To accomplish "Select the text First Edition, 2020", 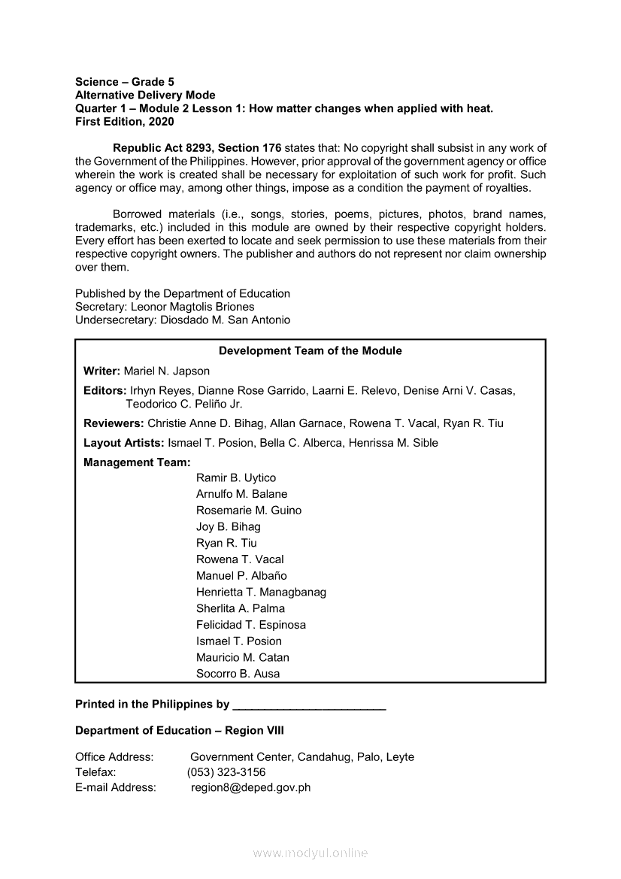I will point(125,122).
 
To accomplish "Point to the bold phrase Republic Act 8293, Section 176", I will point(197,147).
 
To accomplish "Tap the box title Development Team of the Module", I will point(310,351).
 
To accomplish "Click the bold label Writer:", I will point(101,371).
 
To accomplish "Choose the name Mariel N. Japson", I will point(167,371).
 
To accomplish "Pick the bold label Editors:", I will point(105,390).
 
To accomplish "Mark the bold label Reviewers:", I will point(114,423).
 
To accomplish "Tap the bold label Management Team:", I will point(137,462).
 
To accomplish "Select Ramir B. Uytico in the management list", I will point(236,478).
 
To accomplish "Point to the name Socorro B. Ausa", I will point(238,674).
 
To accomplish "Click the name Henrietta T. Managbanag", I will point(261,593).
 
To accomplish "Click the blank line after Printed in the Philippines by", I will point(310,705).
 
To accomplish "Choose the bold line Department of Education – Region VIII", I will point(180,731).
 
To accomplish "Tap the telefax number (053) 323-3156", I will point(226,772).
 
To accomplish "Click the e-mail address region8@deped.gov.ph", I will point(250,788).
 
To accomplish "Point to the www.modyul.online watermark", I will point(310,853).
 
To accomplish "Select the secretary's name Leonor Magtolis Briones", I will point(192,307).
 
